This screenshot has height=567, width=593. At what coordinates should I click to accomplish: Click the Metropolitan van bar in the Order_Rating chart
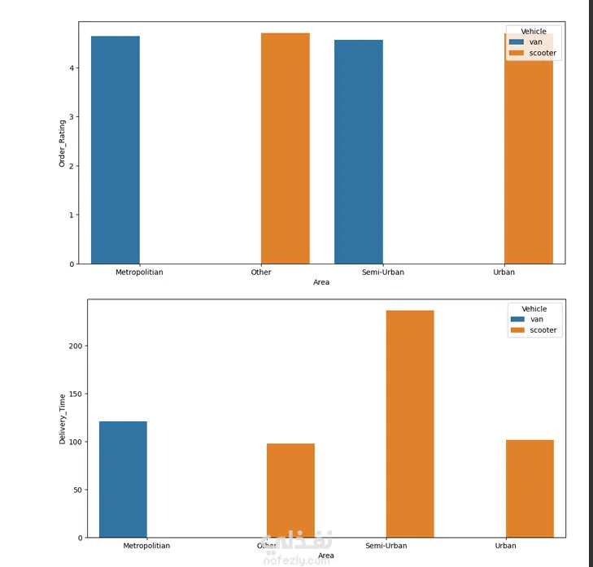115,150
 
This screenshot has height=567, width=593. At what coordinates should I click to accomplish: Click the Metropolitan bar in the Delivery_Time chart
123,479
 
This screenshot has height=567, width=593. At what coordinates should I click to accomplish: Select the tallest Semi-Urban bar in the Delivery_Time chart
410,424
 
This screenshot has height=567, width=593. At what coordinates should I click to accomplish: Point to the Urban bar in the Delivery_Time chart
530,488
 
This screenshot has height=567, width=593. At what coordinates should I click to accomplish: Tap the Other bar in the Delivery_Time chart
290,490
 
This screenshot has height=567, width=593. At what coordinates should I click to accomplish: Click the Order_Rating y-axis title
63,143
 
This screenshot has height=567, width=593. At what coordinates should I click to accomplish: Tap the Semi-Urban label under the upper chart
383,273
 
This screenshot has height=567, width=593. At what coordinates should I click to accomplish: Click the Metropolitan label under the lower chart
146,546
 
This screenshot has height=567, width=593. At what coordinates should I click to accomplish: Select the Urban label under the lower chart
505,546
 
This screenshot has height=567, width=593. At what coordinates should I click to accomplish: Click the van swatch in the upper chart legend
516,41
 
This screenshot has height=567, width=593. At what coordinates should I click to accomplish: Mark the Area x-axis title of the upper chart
321,282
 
